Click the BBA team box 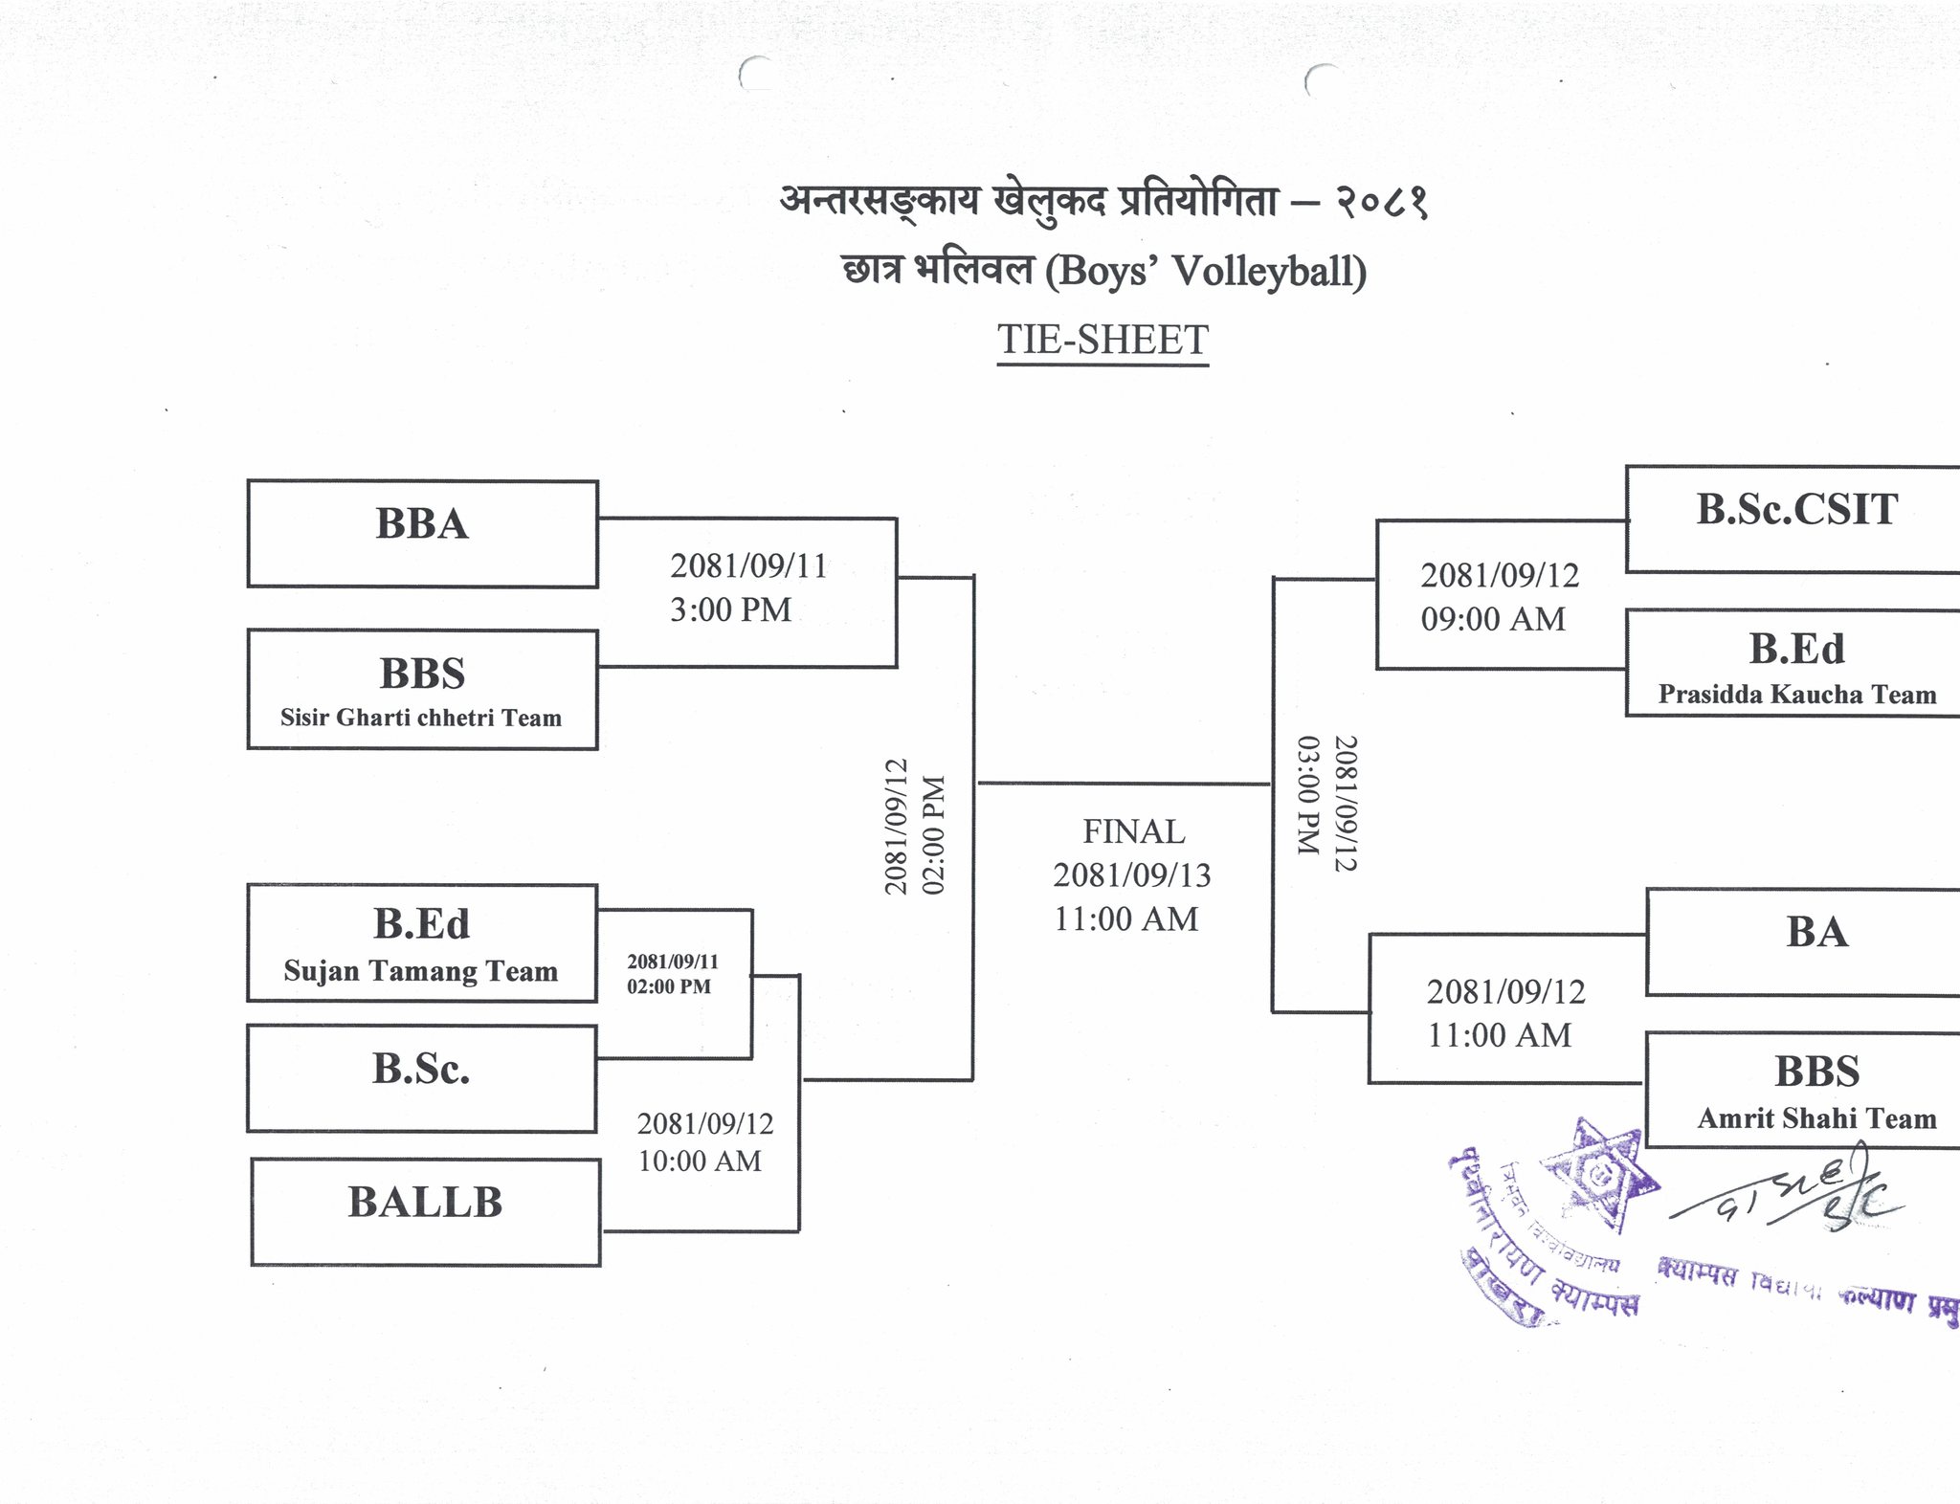[x=422, y=533]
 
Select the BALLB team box [x=426, y=1211]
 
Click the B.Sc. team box [x=422, y=1078]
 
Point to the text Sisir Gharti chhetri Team [x=421, y=718]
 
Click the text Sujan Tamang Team [x=421, y=971]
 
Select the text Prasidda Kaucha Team [x=1796, y=694]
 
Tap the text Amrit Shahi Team [x=1816, y=1117]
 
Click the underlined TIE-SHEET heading [x=1102, y=340]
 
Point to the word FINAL [x=1133, y=831]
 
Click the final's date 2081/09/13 [x=1132, y=874]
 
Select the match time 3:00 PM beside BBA [x=730, y=609]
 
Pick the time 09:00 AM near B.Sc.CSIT [x=1493, y=619]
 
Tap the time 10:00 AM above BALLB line [x=700, y=1161]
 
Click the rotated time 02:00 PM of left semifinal [x=933, y=834]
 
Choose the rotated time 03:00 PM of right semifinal [x=1308, y=794]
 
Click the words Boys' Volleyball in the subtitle [x=1206, y=271]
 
